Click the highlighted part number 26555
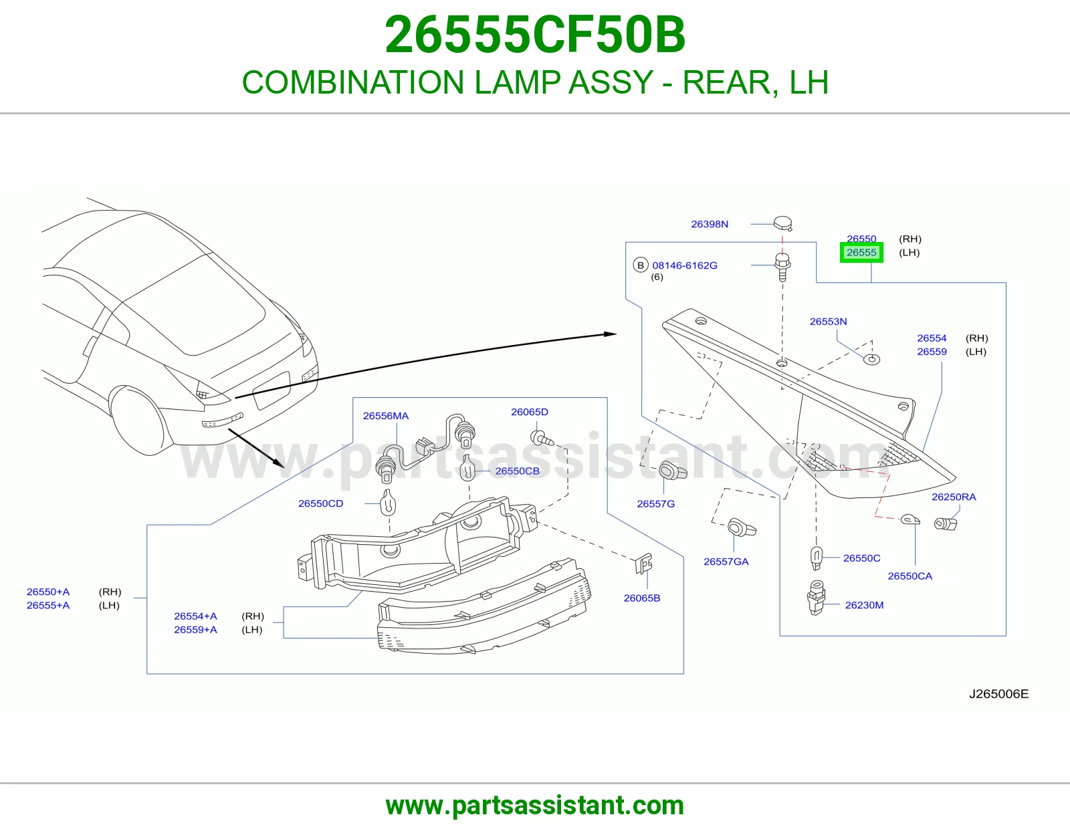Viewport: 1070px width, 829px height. [861, 253]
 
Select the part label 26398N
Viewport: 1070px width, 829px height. [709, 224]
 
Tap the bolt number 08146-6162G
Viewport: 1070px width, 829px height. [684, 265]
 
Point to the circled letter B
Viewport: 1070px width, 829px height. [640, 265]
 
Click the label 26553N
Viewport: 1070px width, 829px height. [828, 322]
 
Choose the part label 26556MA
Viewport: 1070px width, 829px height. [386, 416]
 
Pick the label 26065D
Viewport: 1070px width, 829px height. [530, 412]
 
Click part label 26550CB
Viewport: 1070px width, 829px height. [517, 471]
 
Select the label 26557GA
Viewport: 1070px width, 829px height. [726, 562]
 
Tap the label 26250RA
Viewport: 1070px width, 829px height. [953, 497]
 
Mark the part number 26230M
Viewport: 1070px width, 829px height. [864, 605]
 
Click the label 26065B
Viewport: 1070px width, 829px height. [641, 598]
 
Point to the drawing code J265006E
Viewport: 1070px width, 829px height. [998, 694]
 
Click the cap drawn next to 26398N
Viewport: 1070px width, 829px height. [782, 223]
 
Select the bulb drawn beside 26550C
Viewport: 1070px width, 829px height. [816, 558]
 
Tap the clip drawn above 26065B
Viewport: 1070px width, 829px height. [643, 564]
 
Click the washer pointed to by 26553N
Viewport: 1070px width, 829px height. [871, 360]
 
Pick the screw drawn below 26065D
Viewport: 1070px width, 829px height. [542, 438]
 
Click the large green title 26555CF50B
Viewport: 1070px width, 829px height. [535, 35]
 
